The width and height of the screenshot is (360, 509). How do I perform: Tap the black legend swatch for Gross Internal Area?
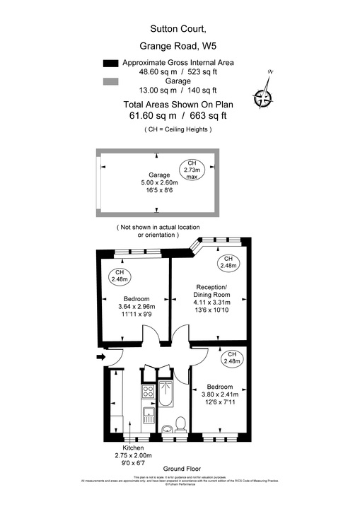110,63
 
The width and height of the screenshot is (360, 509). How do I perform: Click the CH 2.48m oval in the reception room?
227,263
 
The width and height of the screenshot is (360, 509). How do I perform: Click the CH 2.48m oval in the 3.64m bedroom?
119,276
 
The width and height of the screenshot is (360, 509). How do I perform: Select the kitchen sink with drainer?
149,416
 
